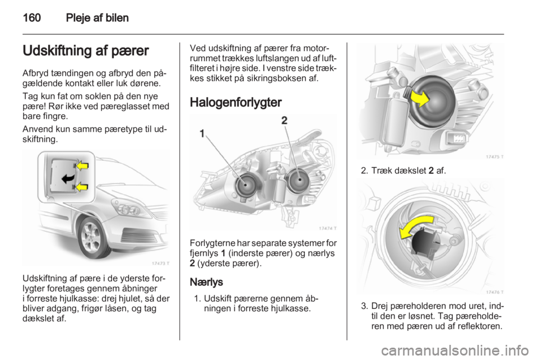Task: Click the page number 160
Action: point(32,17)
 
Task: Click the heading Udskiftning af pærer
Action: point(86,51)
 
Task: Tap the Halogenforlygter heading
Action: point(236,102)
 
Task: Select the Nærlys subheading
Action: point(206,282)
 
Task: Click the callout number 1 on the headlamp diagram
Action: point(202,133)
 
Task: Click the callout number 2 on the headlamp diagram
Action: point(285,121)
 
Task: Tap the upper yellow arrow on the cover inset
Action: point(82,166)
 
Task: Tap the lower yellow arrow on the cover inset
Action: point(82,187)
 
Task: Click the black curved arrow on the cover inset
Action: point(68,178)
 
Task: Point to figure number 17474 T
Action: point(327,228)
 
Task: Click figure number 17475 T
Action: point(495,157)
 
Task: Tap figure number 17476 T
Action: point(495,292)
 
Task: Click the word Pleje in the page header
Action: point(78,18)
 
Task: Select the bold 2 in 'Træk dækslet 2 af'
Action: point(431,170)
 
